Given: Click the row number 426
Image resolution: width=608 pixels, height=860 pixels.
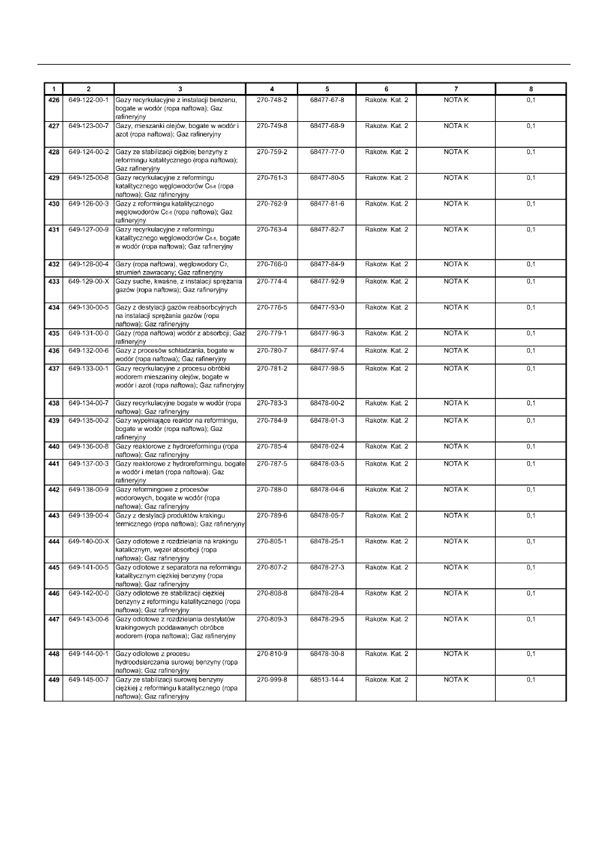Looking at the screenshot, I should pos(52,100).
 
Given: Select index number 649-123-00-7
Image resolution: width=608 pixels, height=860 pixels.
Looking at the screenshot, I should pos(89,126).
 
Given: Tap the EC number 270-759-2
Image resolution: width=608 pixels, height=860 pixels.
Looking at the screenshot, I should pos(272,152).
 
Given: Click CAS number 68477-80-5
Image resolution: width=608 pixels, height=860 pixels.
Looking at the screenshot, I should pos(327,178).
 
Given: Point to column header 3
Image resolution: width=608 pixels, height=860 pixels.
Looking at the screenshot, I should pos(180,89).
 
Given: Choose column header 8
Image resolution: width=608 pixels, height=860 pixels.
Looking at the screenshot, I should pos(531,89).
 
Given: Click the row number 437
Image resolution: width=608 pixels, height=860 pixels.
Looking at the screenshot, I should pos(52,368).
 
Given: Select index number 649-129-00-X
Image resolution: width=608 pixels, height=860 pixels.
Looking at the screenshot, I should pos(89,281).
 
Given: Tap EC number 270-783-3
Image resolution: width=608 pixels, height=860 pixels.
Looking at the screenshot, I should pos(272,403).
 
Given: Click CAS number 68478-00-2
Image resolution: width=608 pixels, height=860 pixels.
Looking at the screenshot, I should pos(327,403).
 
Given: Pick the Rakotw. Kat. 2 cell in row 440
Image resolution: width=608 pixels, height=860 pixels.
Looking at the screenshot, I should pos(386,446).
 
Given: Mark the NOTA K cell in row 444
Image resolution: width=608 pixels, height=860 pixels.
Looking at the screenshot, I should pos(456,541).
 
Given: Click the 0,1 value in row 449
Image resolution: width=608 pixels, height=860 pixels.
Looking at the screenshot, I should pos(531,680).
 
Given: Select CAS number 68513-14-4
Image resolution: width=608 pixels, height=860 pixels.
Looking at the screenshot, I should pos(327,680).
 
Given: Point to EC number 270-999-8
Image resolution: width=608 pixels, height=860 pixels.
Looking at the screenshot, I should pos(272,680).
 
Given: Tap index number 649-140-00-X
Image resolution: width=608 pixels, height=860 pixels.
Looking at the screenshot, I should pos(89,541).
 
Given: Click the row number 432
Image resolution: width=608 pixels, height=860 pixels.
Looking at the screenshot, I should pos(52,264).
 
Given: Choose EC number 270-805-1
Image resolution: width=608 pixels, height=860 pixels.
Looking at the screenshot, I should pos(272,541).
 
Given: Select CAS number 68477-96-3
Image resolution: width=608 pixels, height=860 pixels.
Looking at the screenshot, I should pos(327,333).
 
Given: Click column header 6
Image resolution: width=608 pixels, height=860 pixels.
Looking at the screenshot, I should pos(386,89).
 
